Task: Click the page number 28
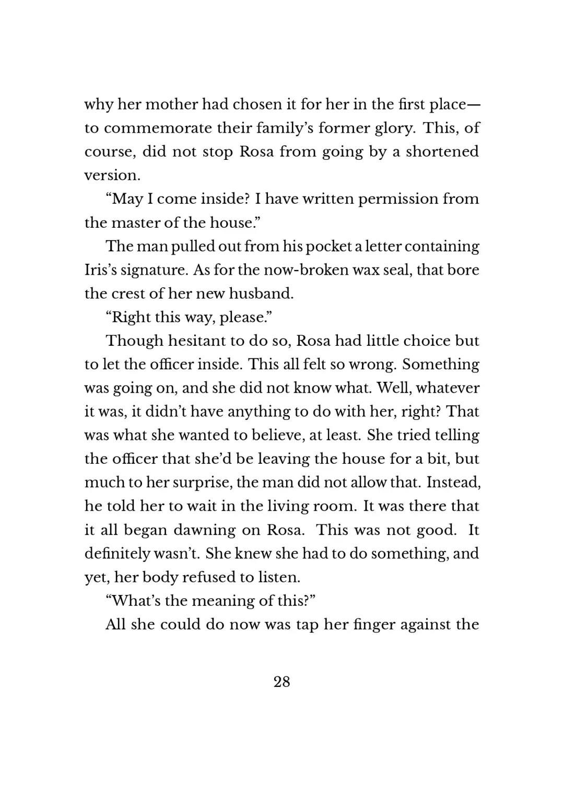pyautogui.click(x=281, y=682)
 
